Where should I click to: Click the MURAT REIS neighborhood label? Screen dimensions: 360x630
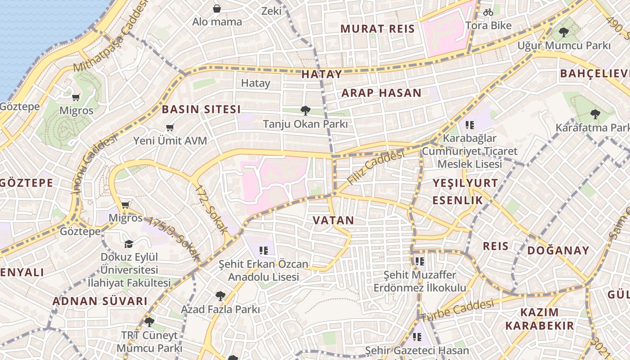pyautogui.click(x=377, y=29)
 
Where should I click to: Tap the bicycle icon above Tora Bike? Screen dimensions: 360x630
pyautogui.click(x=488, y=12)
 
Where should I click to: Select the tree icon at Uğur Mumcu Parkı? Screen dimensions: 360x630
pyautogui.click(x=563, y=32)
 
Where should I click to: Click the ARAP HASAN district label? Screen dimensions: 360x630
pyautogui.click(x=381, y=93)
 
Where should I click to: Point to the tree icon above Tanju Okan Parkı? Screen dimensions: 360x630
pyautogui.click(x=306, y=110)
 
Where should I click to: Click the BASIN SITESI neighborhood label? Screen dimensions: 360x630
pyautogui.click(x=201, y=109)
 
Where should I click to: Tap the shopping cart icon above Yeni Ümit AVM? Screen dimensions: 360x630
pyautogui.click(x=170, y=128)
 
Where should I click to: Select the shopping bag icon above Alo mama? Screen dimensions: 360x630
pyautogui.click(x=217, y=9)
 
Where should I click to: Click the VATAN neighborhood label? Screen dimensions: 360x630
pyautogui.click(x=333, y=220)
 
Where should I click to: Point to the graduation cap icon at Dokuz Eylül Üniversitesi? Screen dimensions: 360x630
pyautogui.click(x=129, y=244)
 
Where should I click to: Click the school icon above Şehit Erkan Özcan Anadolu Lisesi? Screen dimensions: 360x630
pyautogui.click(x=264, y=250)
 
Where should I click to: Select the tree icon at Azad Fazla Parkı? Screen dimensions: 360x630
pyautogui.click(x=220, y=296)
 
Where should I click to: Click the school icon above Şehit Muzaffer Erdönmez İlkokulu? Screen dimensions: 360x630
pyautogui.click(x=420, y=261)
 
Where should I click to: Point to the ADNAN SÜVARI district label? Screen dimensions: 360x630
pyautogui.click(x=100, y=301)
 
